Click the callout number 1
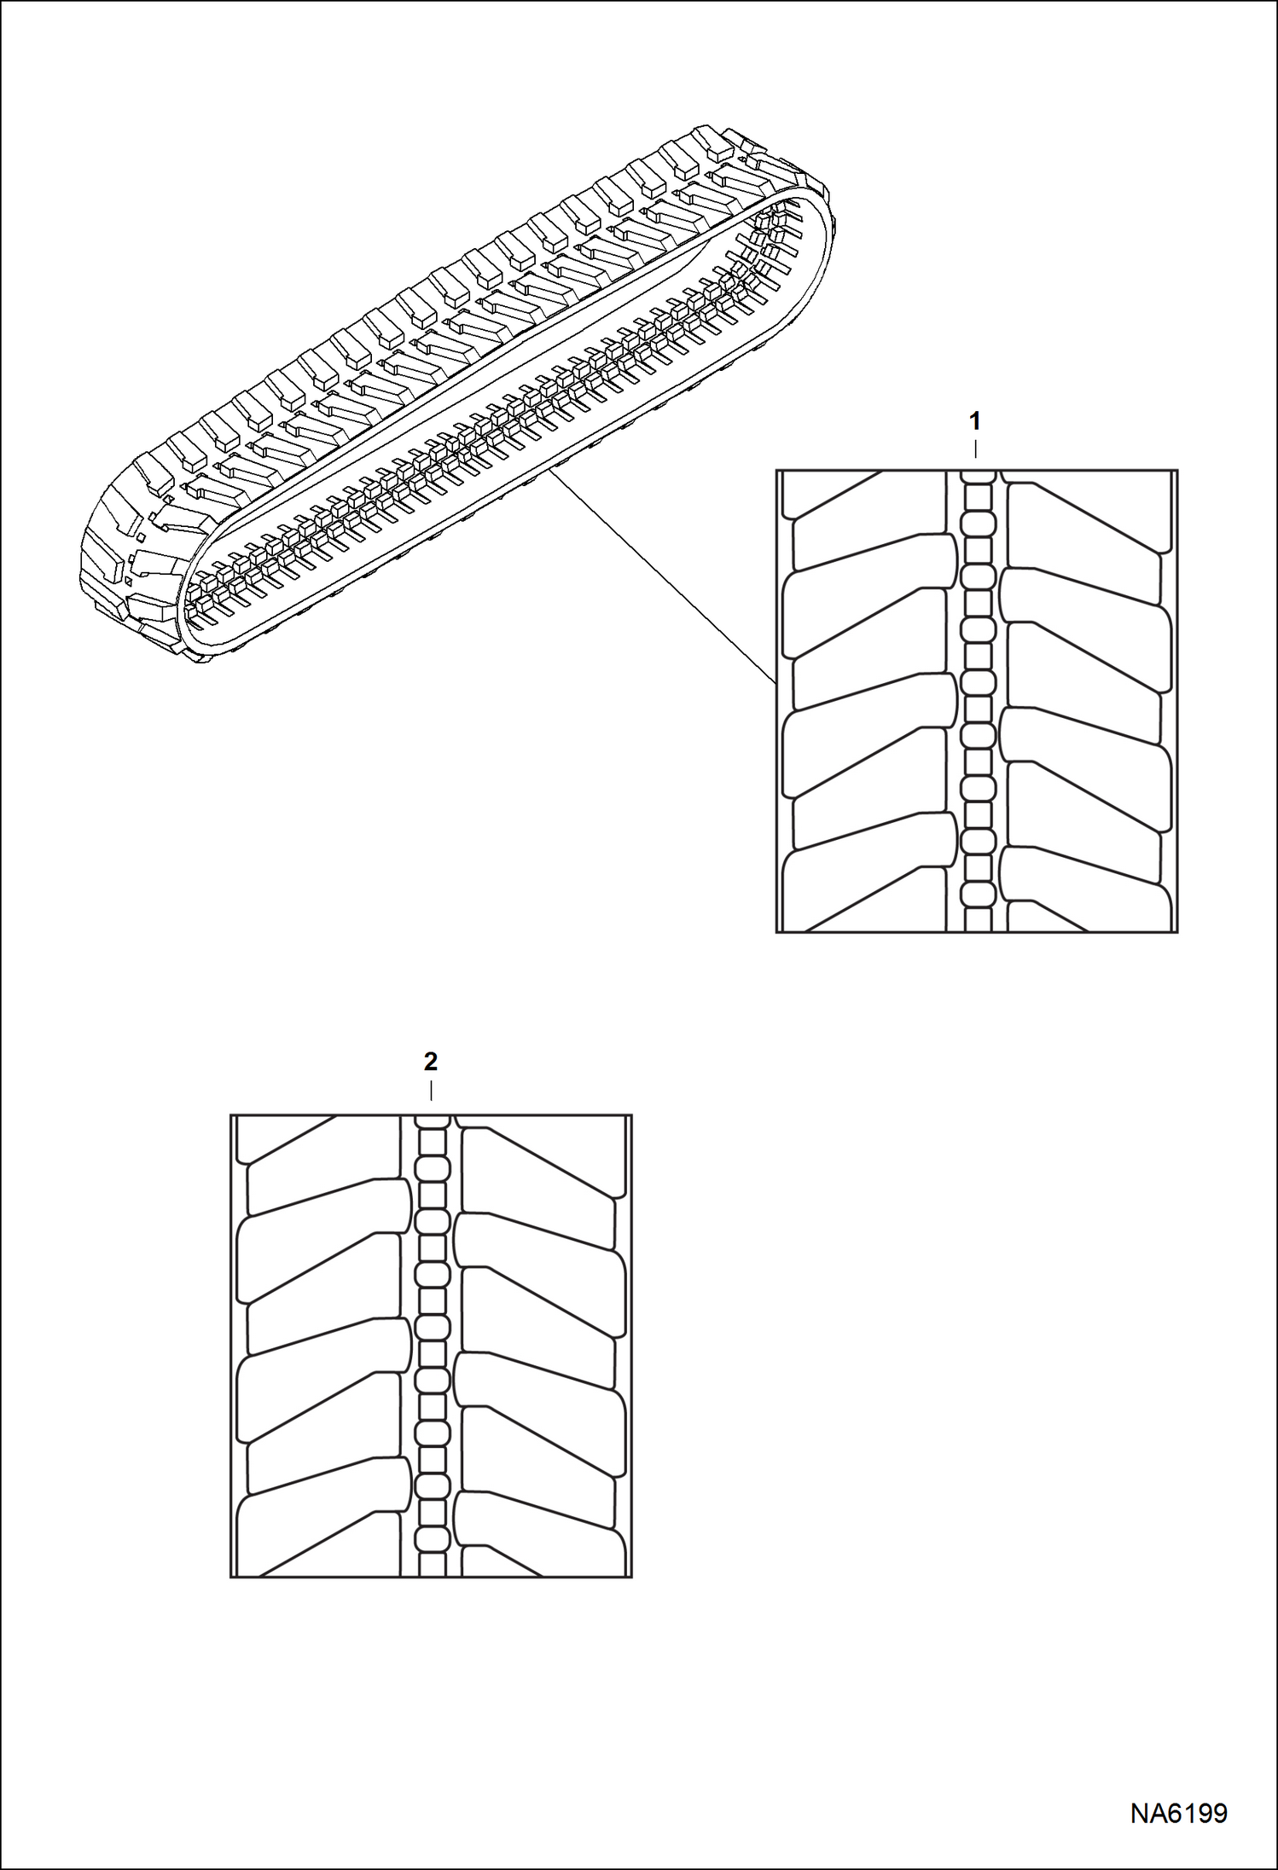pyautogui.click(x=975, y=421)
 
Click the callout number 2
pyautogui.click(x=431, y=1062)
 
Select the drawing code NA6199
pyautogui.click(x=1179, y=1811)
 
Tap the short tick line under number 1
pyautogui.click(x=975, y=449)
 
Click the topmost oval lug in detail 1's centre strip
pyautogui.click(x=979, y=522)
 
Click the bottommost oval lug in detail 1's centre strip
pyautogui.click(x=979, y=894)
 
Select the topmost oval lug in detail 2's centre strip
pyautogui.click(x=433, y=1167)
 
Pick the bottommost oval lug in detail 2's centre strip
pyautogui.click(x=433, y=1539)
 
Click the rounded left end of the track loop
pyautogui.click(x=128, y=571)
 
